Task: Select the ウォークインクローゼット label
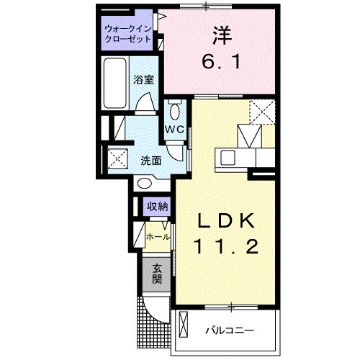click(127, 33)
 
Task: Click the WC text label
click(175, 129)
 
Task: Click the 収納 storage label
click(158, 207)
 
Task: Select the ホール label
click(158, 237)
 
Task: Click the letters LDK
click(225, 219)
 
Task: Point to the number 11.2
click(225, 247)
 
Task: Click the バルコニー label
click(229, 331)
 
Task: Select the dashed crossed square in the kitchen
click(261, 112)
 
